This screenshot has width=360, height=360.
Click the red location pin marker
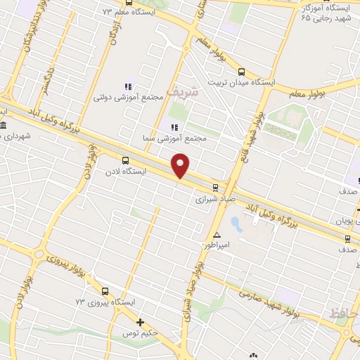click(x=181, y=165)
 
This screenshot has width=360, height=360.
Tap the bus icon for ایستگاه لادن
click(x=125, y=160)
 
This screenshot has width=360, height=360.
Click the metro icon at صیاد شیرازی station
click(x=215, y=187)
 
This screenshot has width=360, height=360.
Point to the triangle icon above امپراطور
click(x=217, y=235)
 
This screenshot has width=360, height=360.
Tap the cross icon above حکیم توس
click(x=141, y=323)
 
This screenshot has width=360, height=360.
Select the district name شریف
click(x=185, y=91)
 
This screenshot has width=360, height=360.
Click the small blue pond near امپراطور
click(x=236, y=225)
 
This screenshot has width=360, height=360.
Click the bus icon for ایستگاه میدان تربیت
click(x=241, y=72)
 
